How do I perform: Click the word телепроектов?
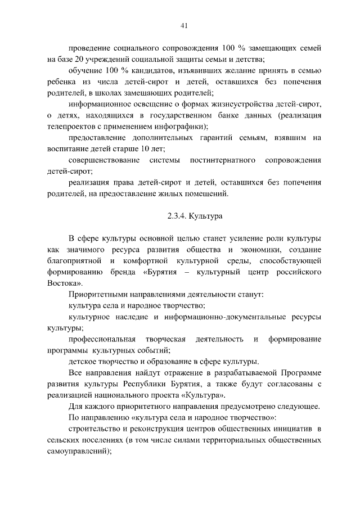click(x=71, y=126)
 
